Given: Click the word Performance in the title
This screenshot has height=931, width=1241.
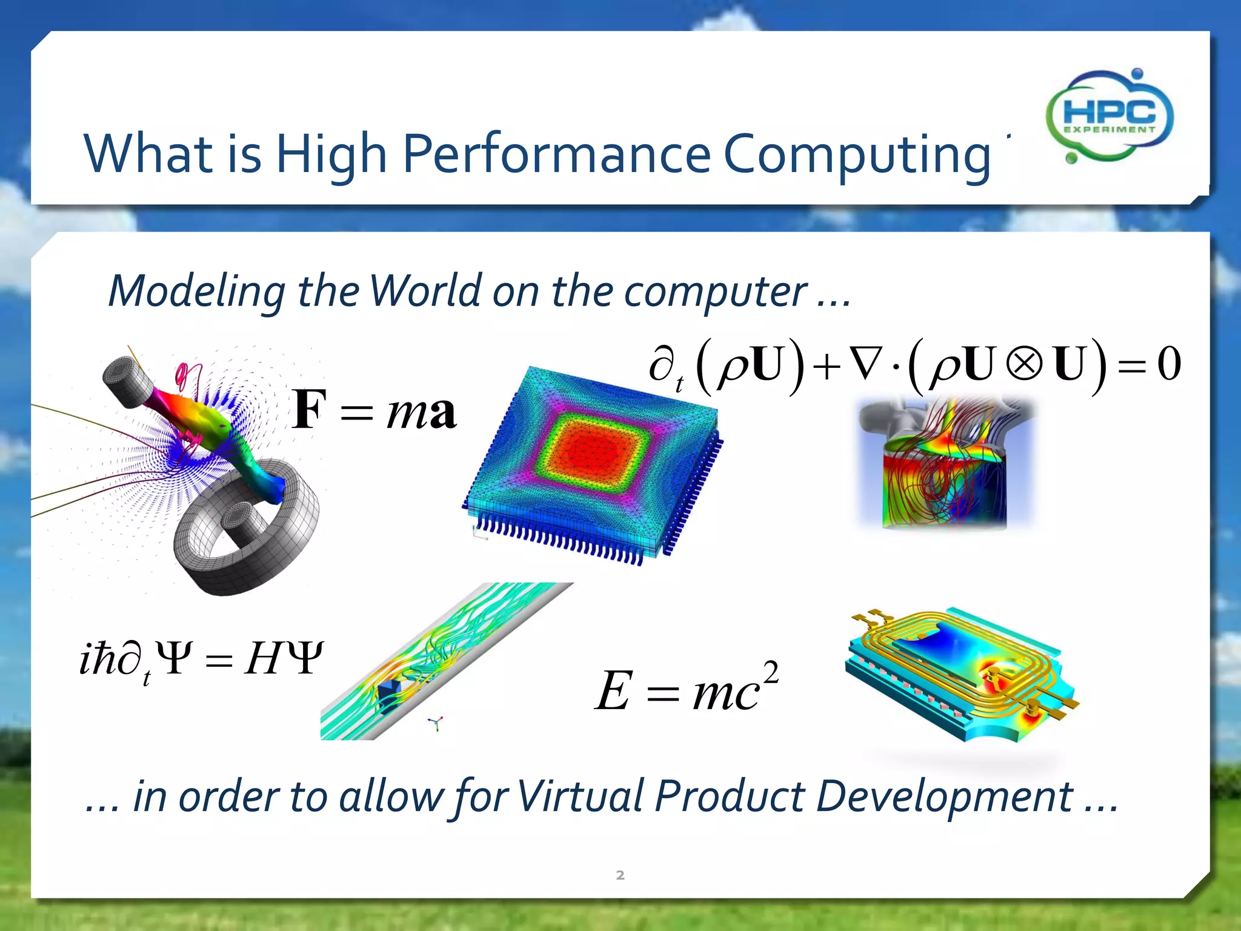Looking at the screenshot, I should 556,154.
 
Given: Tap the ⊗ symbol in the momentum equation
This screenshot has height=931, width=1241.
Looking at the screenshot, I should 1023,364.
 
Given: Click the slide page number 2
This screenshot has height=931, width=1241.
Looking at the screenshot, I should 620,875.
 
